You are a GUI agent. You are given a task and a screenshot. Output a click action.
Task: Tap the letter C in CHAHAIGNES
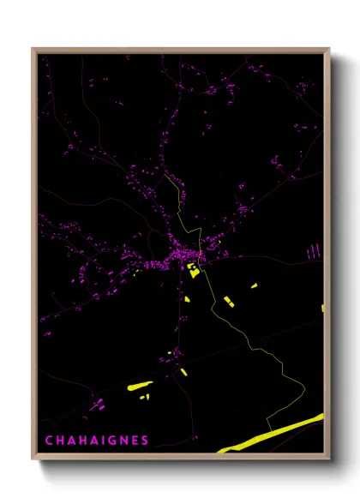click(48, 441)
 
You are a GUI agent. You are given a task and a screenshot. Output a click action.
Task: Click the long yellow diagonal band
click(274, 433)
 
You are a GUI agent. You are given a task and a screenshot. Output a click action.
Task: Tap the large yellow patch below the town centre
click(193, 269)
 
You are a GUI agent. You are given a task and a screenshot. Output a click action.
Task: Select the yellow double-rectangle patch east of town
click(229, 301)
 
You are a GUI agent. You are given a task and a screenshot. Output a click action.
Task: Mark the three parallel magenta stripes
click(314, 250)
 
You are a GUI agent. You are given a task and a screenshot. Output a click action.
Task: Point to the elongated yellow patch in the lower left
click(139, 387)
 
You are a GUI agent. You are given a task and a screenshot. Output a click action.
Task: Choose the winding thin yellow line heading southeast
click(257, 351)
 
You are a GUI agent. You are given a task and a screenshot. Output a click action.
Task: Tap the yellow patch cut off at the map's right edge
click(322, 307)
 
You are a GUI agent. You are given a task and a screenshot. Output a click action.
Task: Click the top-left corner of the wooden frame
click(33, 50)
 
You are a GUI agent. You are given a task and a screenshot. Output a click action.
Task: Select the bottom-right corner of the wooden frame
click(328, 459)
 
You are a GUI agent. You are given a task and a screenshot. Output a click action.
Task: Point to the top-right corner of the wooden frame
click(328, 50)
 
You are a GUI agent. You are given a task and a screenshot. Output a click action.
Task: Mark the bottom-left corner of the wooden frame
click(33, 459)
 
